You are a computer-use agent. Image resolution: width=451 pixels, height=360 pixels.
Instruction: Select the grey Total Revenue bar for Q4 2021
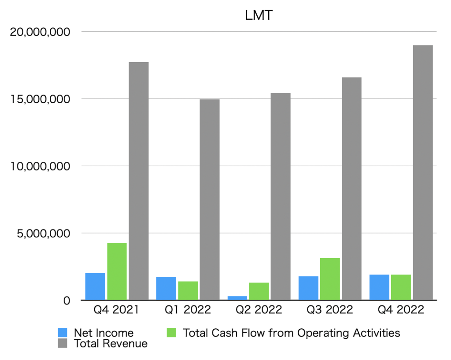tap(138, 181)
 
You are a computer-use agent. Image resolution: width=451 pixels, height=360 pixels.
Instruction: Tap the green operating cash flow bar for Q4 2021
tap(117, 271)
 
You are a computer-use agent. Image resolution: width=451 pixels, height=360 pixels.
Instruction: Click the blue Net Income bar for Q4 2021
tap(95, 286)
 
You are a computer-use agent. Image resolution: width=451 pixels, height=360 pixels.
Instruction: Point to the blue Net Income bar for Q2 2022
tap(237, 298)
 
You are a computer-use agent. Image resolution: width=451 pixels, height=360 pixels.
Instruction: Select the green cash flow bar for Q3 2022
tap(330, 279)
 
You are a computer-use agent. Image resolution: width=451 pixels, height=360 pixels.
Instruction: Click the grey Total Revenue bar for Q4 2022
tap(422, 172)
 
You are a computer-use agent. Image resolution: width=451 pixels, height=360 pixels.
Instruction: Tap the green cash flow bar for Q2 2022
tap(259, 291)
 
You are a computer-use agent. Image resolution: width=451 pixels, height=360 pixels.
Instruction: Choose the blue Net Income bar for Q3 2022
tap(308, 288)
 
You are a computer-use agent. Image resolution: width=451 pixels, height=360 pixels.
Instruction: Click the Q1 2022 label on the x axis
tap(188, 310)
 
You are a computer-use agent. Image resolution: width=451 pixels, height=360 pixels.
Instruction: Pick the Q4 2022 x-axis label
tap(401, 310)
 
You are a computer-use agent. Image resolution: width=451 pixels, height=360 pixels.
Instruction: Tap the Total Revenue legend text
tap(111, 343)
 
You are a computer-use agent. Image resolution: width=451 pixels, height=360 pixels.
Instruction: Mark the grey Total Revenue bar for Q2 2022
tap(281, 196)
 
